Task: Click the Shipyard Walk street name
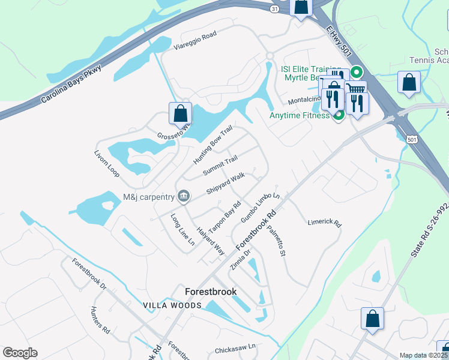pos(226,184)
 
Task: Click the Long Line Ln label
pos(182,230)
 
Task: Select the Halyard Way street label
pos(211,242)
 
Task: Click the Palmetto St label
pos(276,239)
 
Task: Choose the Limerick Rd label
pos(324,222)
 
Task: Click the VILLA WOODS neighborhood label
pos(172,305)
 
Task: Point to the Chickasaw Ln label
pos(235,347)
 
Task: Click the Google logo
pos(20,353)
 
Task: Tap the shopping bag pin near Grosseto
pos(180,113)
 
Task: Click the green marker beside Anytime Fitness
pos(339,115)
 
